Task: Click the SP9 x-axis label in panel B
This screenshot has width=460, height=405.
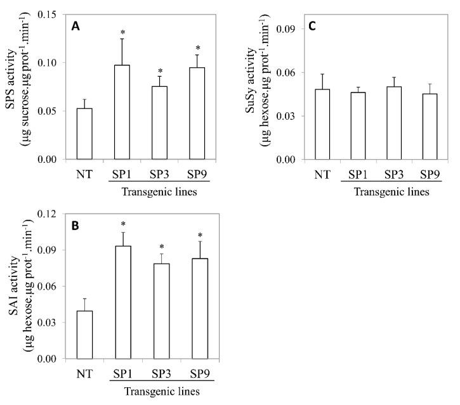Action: point(196,374)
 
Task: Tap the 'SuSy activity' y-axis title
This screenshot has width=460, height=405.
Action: point(258,86)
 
